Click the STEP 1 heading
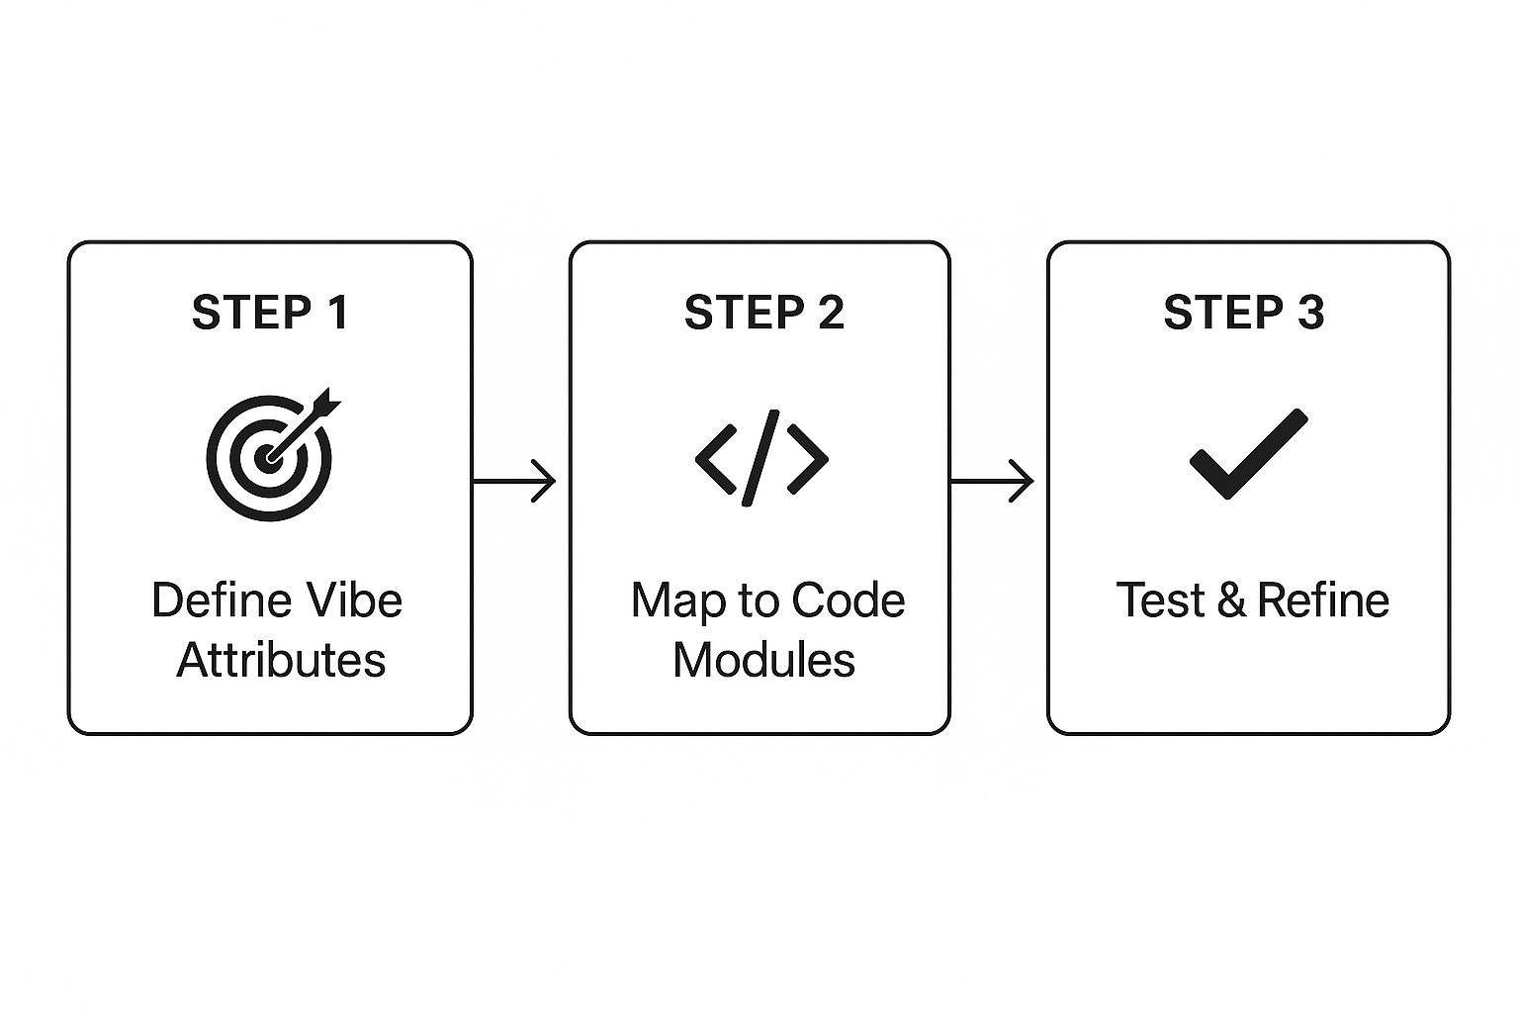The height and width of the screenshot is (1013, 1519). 270,312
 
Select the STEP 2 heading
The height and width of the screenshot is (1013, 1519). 763,312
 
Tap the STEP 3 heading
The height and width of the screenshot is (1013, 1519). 1243,312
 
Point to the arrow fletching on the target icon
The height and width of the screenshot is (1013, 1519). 326,404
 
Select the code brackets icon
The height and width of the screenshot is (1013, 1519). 761,458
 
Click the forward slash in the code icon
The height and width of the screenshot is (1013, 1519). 761,458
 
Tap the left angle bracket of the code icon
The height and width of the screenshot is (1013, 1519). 716,458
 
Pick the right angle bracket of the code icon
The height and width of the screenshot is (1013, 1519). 808,458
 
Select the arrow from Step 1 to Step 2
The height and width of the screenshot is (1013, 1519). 514,481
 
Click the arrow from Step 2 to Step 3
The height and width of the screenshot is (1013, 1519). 992,481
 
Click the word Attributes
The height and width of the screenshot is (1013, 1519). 281,660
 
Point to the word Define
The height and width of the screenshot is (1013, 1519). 222,600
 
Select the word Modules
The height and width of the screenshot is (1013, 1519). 763,660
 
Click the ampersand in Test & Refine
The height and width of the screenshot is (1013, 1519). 1231,600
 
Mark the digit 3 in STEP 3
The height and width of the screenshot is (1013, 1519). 1309,312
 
